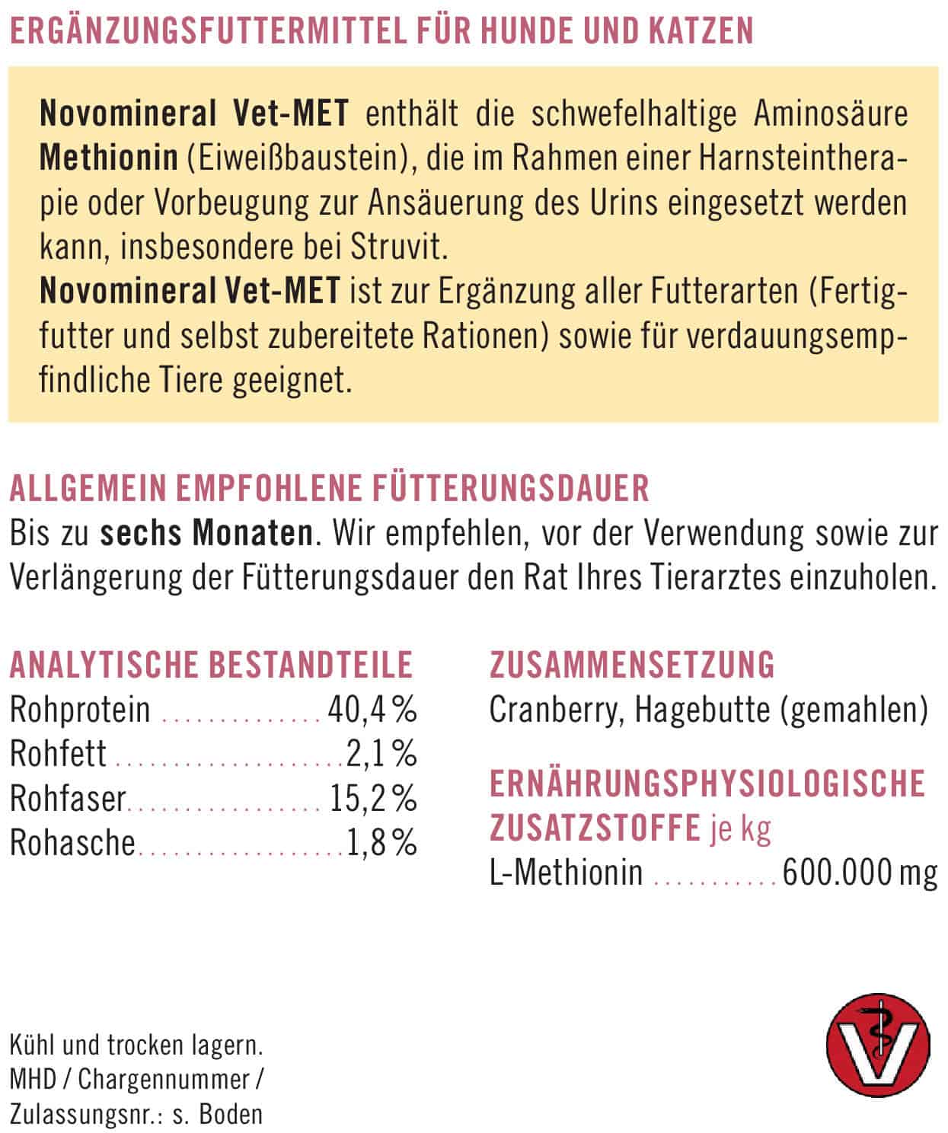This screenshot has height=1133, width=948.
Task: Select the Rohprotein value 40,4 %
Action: point(372,710)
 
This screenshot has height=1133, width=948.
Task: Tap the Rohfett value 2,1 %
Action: point(381,755)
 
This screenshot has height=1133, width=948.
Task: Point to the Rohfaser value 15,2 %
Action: point(373,799)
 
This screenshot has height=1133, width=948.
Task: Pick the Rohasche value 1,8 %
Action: point(381,843)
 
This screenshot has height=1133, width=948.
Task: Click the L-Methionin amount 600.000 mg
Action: point(860,873)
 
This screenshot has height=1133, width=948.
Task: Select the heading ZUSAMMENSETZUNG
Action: point(631,665)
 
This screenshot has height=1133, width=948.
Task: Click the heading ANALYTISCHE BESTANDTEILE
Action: point(211,665)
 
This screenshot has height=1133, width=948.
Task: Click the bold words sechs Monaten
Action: point(206,533)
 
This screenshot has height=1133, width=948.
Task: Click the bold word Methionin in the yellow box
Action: point(108,158)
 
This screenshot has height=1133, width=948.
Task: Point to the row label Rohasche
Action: point(72,843)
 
